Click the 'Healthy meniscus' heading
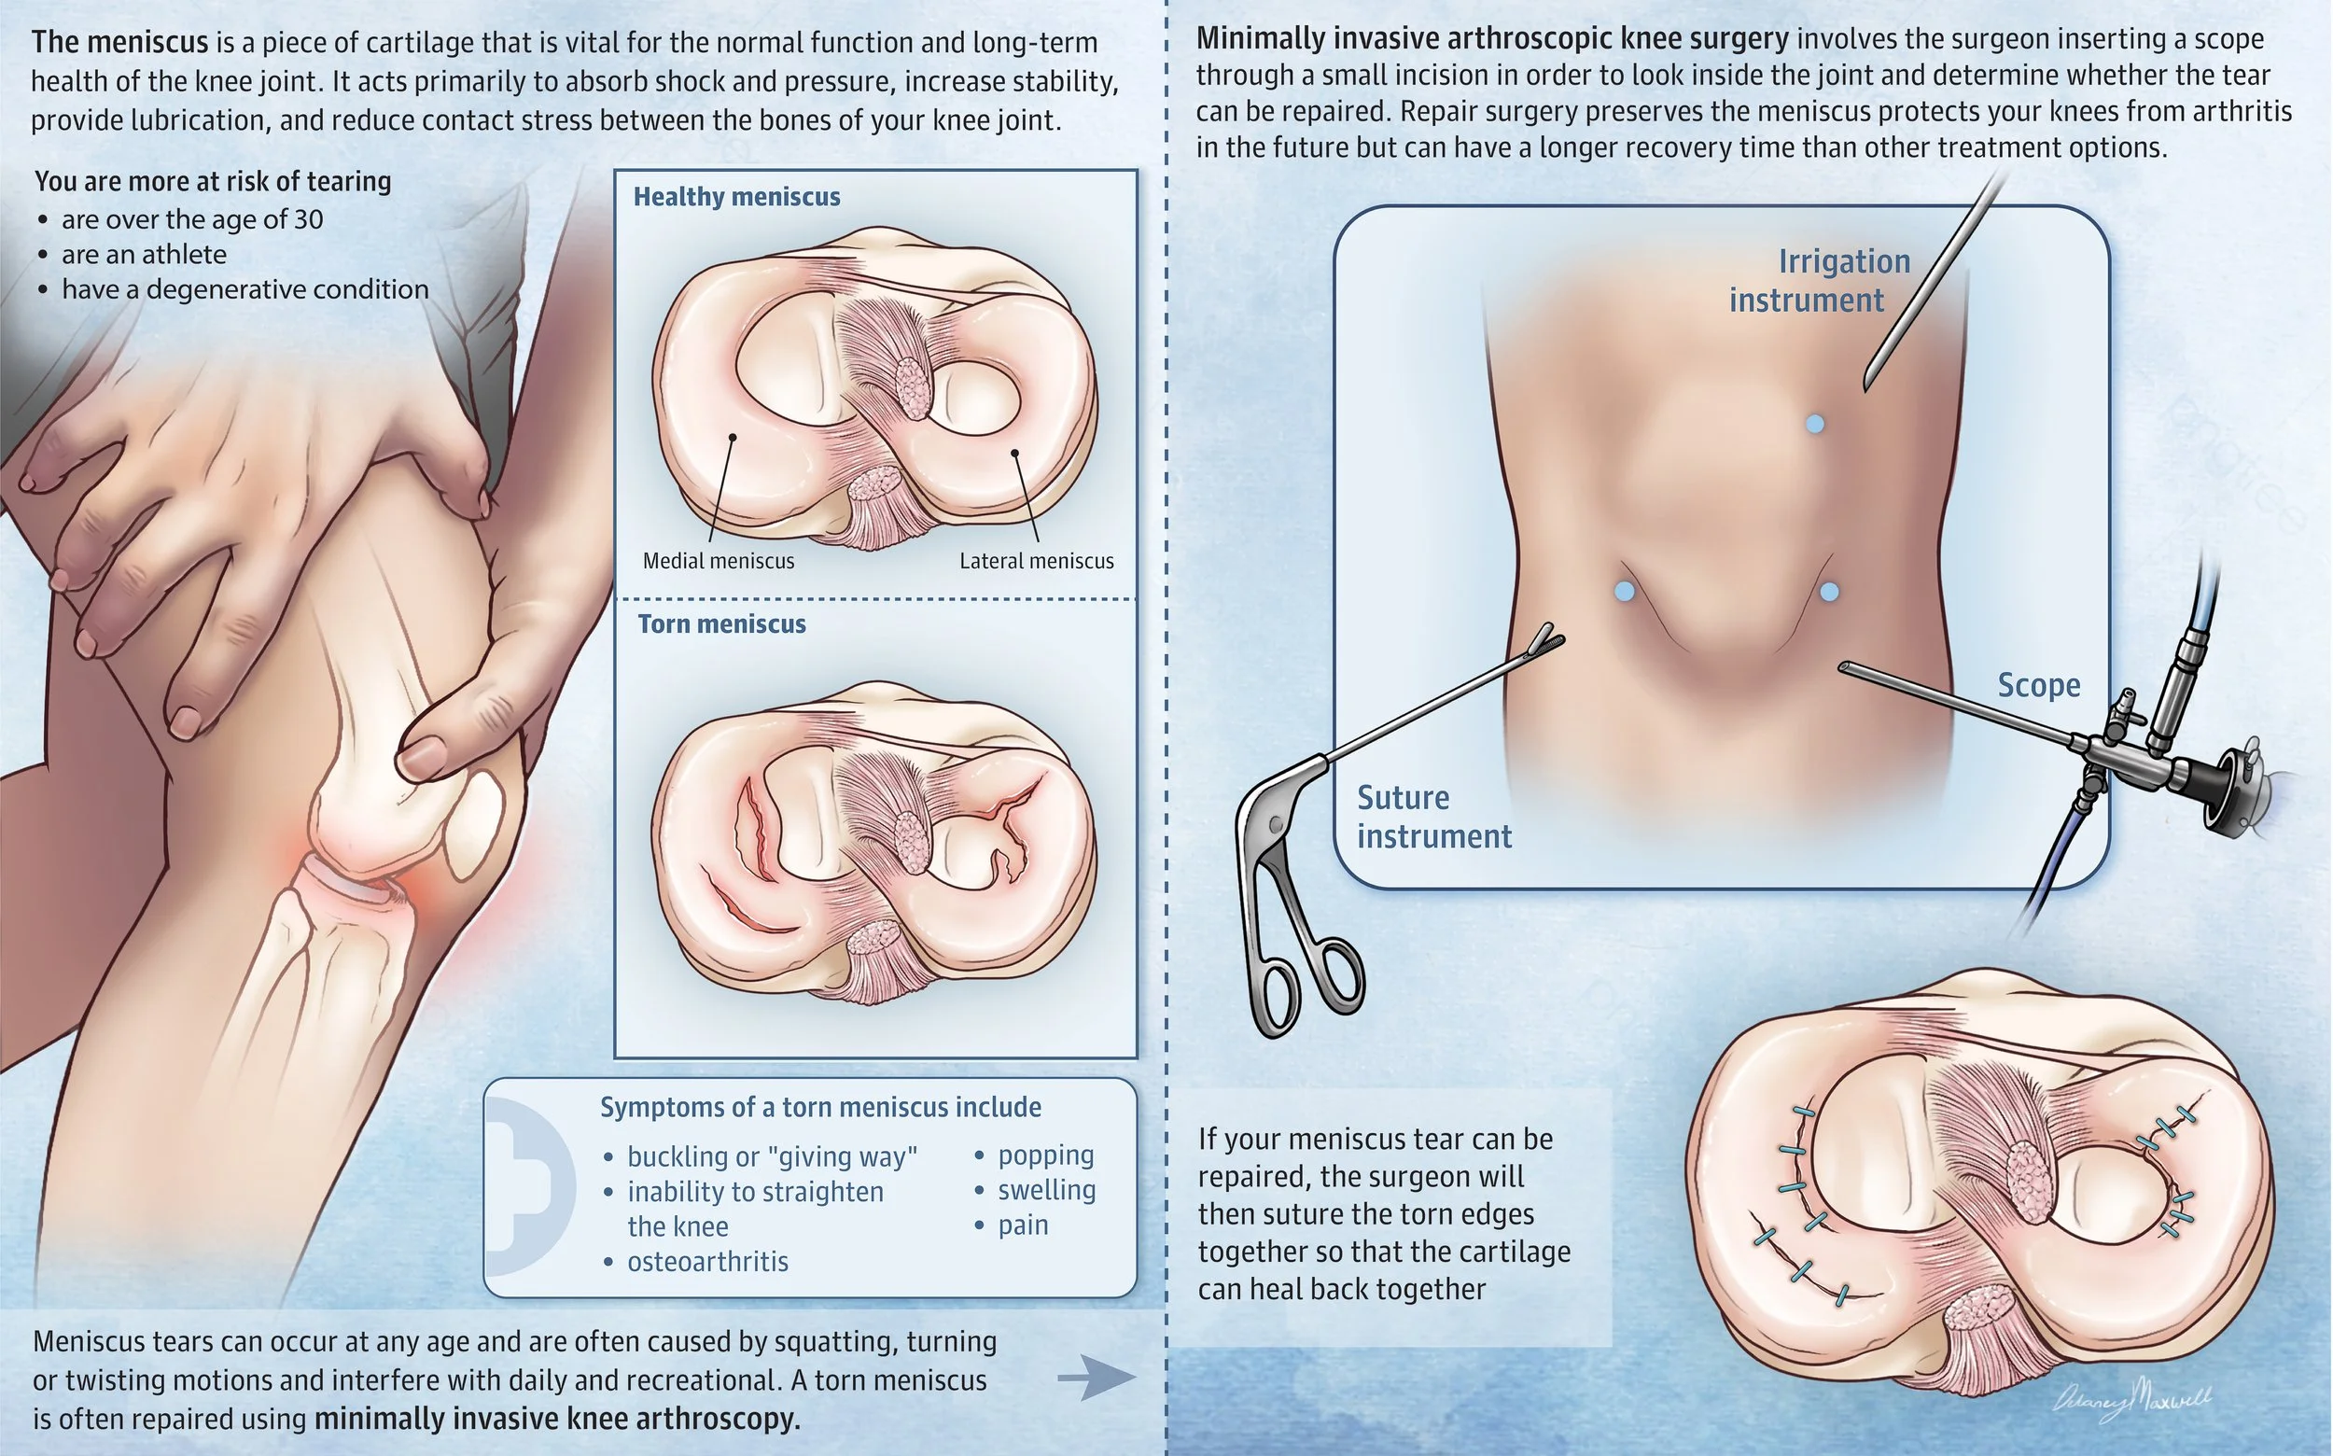point(736,196)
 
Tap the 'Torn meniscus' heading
point(721,624)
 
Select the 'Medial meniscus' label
point(719,560)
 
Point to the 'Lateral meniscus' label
point(1036,560)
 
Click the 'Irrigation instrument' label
point(1819,280)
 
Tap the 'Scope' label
point(2038,685)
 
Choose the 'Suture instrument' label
point(1433,817)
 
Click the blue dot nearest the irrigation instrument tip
point(1815,424)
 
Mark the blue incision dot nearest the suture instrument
point(1625,591)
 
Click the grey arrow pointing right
point(1097,1378)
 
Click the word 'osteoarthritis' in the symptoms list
point(707,1262)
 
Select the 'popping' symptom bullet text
point(1046,1155)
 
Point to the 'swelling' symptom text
point(1047,1190)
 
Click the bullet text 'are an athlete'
point(145,254)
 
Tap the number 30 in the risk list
point(308,219)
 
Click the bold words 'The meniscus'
point(119,42)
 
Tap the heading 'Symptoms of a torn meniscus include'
point(820,1108)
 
